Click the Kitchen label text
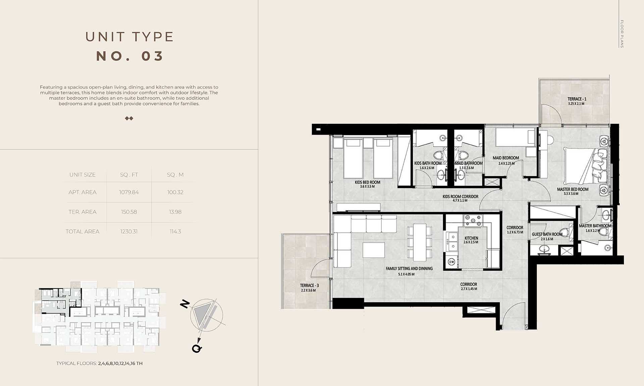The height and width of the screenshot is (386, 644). [471, 238]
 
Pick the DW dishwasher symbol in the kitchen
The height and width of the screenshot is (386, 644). [451, 262]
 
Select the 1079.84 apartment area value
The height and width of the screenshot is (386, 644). [129, 192]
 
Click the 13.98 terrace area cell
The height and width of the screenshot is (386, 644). [175, 212]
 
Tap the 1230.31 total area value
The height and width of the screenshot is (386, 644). [129, 232]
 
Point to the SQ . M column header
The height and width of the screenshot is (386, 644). [175, 175]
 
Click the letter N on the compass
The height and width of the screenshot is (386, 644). [185, 304]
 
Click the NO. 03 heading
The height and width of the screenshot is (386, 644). [129, 56]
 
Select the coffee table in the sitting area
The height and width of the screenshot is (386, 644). [374, 250]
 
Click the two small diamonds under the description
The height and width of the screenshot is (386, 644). [129, 118]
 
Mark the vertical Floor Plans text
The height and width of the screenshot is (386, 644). [622, 34]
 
